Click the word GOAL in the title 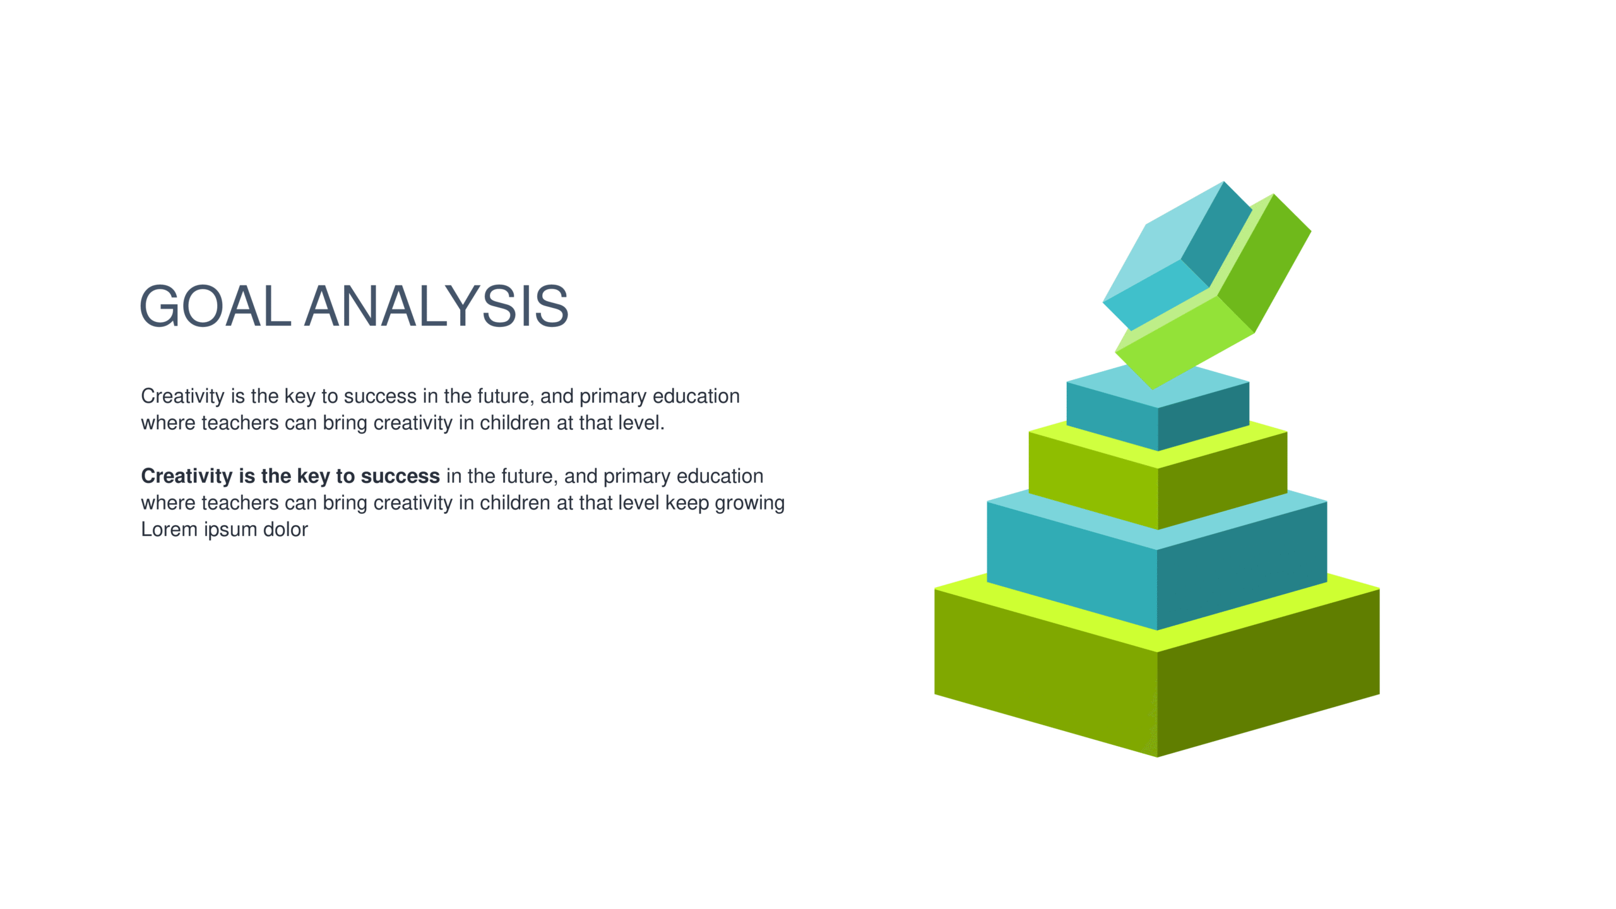[x=215, y=306]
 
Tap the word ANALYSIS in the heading [x=437, y=306]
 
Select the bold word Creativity [x=187, y=477]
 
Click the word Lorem [x=169, y=529]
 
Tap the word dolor [x=285, y=529]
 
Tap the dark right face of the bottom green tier [x=1269, y=673]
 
